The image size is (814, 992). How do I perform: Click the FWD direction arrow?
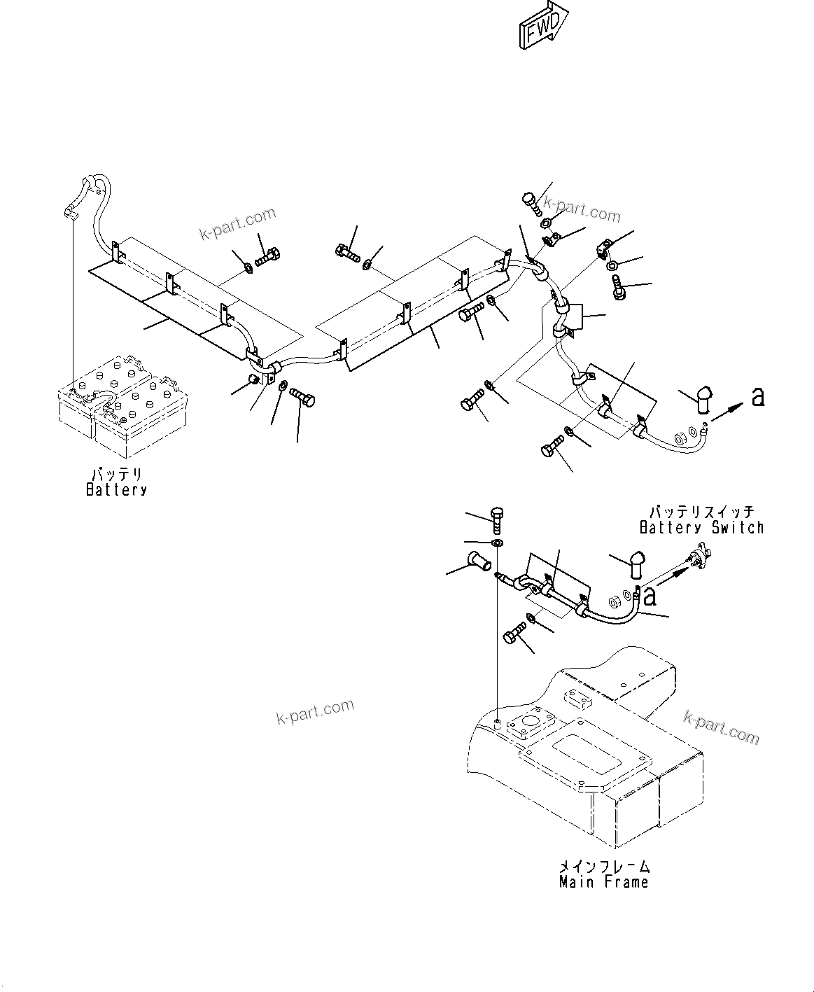click(x=543, y=27)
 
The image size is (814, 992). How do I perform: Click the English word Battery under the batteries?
click(x=116, y=490)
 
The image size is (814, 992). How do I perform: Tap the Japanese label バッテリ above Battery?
click(x=117, y=474)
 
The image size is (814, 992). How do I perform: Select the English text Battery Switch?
click(x=701, y=527)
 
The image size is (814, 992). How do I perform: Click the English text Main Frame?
click(x=603, y=882)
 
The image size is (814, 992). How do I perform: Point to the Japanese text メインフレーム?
click(x=603, y=867)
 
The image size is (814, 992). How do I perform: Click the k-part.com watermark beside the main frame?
click(x=721, y=726)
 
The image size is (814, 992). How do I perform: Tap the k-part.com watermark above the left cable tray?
click(x=238, y=223)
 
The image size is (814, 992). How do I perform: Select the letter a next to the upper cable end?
click(x=757, y=398)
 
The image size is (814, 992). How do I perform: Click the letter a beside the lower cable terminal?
click(x=650, y=596)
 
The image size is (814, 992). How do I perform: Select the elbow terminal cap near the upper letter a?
click(x=704, y=403)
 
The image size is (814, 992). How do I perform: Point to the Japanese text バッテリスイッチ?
click(x=701, y=512)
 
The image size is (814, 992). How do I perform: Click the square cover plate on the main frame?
click(x=533, y=725)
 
